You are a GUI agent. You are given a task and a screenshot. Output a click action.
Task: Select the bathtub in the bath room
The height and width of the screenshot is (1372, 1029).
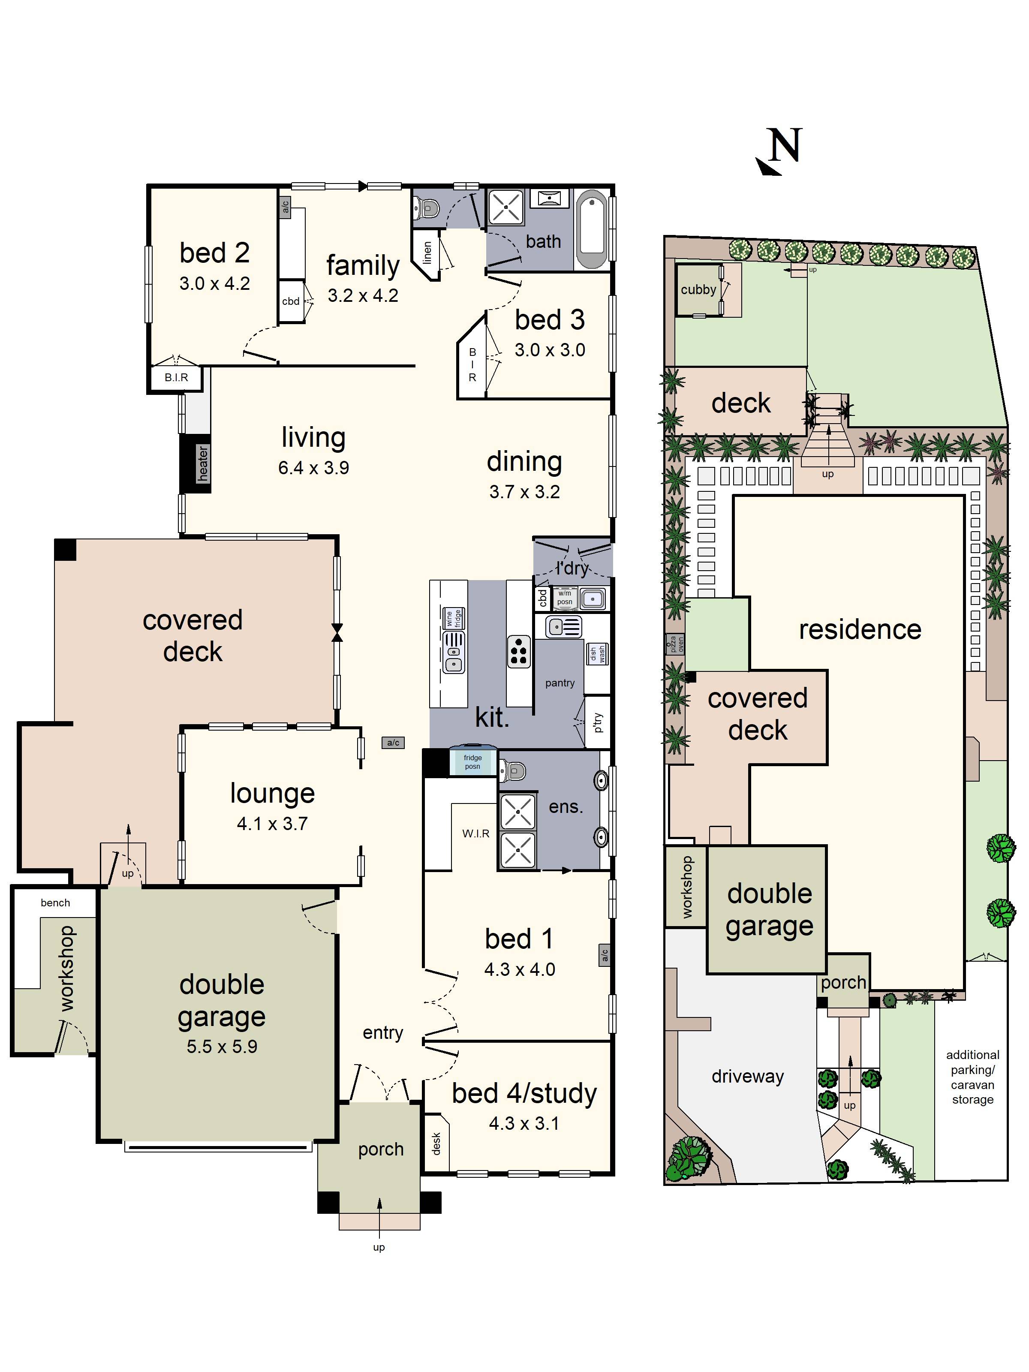[593, 229]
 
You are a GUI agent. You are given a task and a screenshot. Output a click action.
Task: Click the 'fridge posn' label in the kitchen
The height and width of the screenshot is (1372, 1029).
[472, 761]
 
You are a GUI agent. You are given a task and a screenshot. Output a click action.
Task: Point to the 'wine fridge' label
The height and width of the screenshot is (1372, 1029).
[454, 618]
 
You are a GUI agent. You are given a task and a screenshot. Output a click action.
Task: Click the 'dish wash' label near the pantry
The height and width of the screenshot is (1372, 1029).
[597, 653]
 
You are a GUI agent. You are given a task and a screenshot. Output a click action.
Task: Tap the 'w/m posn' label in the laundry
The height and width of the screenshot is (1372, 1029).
[564, 597]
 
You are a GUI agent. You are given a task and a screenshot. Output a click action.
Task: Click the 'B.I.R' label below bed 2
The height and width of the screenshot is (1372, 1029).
[176, 377]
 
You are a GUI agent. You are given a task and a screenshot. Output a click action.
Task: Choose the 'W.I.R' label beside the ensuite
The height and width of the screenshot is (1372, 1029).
[476, 833]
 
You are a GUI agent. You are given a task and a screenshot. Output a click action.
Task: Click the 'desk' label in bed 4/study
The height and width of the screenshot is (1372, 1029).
[436, 1143]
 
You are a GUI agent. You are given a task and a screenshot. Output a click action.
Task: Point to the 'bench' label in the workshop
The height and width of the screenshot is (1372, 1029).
[55, 903]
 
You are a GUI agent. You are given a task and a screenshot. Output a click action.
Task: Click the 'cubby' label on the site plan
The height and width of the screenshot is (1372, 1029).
[698, 290]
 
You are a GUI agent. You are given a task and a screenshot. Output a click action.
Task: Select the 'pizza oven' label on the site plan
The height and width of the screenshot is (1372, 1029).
[675, 644]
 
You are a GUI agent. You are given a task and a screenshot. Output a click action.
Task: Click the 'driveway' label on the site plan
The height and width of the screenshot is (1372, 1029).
[747, 1076]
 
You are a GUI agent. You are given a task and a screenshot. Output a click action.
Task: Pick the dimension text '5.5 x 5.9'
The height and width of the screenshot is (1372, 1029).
[222, 1047]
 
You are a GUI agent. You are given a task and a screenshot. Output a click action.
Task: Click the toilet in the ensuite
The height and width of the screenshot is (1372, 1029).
[513, 771]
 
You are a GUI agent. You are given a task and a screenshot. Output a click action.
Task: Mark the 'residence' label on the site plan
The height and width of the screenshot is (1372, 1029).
[860, 629]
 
